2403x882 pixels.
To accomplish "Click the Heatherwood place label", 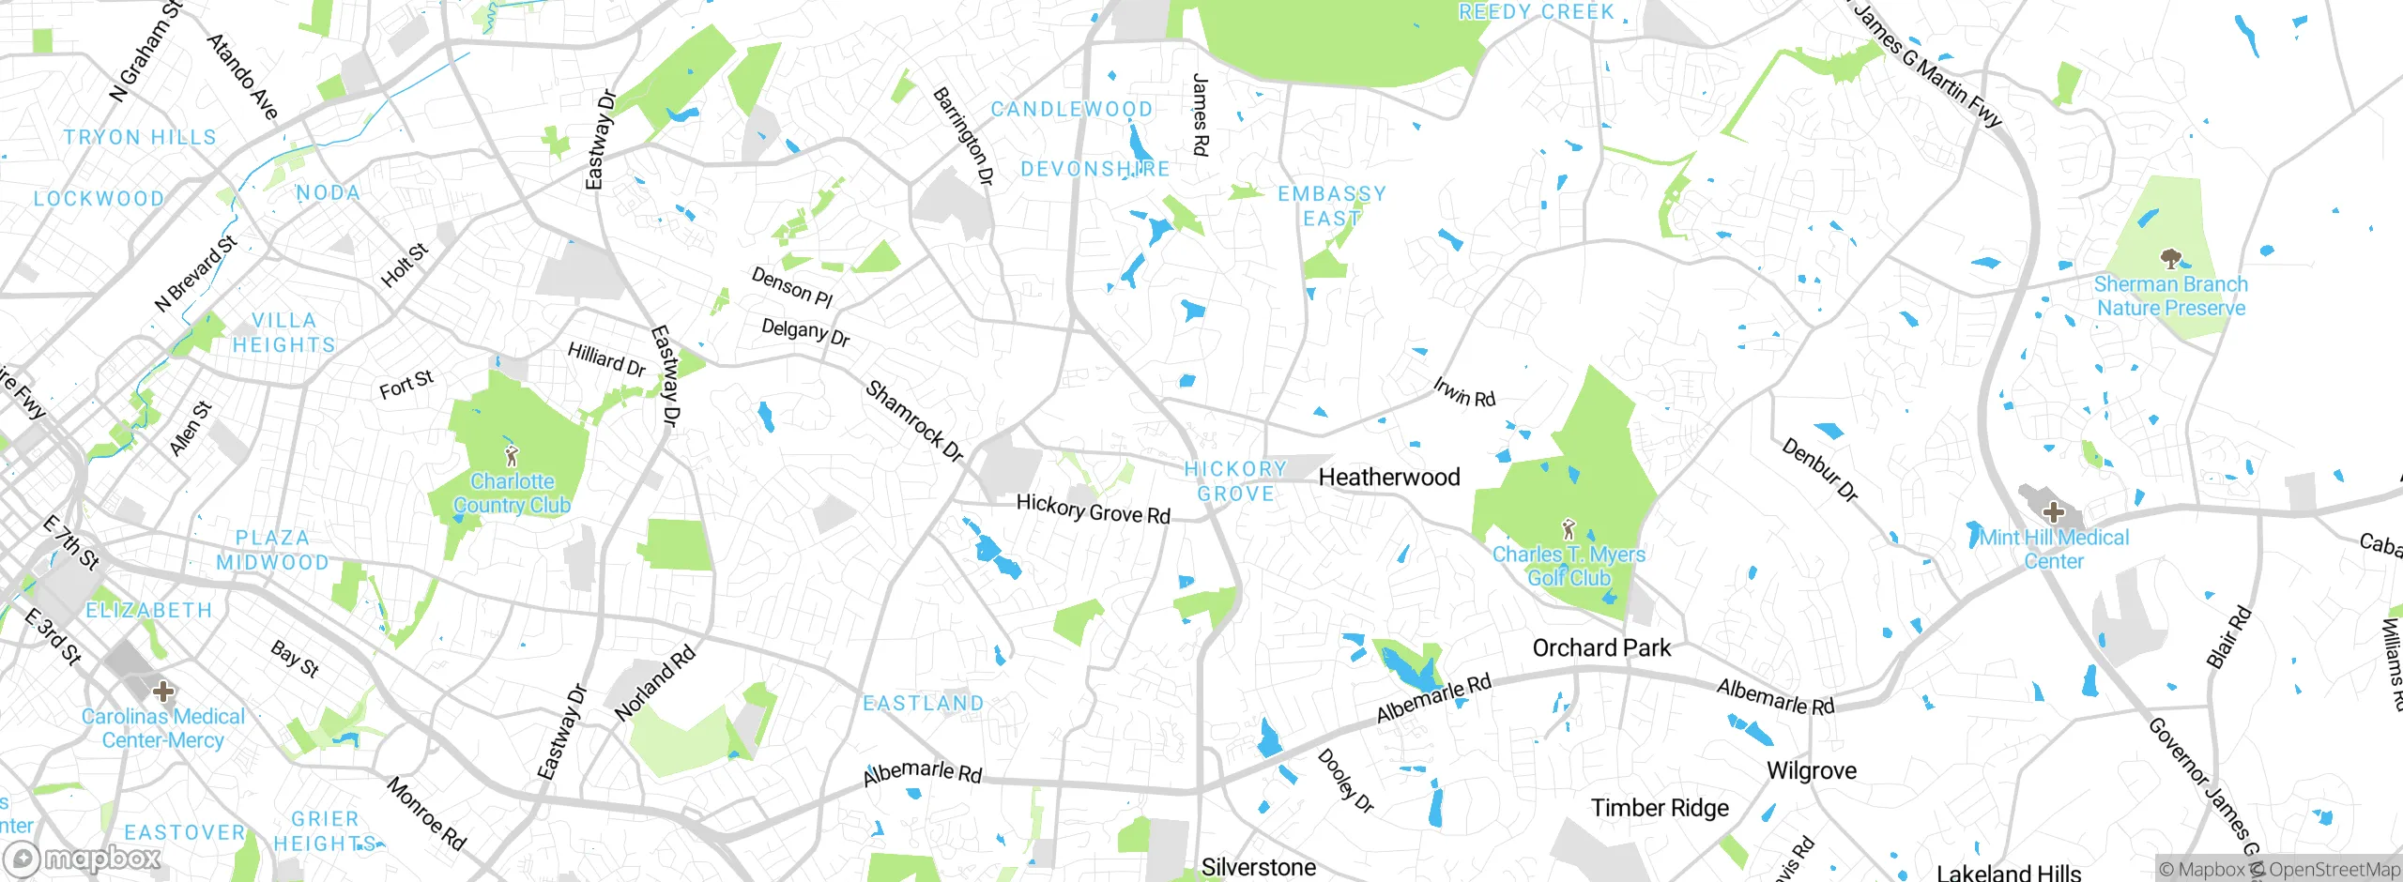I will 1389,478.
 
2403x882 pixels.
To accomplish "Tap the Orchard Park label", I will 1601,648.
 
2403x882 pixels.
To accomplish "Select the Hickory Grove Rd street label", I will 1094,509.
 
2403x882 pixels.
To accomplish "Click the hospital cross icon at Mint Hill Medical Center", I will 2053,512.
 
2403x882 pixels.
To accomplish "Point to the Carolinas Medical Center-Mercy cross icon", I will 163,692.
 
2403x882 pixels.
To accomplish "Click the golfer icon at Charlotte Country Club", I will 512,457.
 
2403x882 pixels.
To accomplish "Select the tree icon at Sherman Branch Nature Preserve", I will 2169,258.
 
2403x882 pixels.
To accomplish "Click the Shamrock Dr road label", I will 914,421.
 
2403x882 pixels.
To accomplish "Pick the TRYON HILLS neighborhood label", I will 140,137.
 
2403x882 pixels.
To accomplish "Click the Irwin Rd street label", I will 1464,392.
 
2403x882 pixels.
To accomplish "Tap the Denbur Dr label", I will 1820,470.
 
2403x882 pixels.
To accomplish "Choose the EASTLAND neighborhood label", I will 924,704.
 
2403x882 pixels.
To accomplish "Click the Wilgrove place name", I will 1812,771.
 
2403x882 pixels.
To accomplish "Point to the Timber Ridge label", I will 1660,808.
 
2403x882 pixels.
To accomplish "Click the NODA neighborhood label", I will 329,192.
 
